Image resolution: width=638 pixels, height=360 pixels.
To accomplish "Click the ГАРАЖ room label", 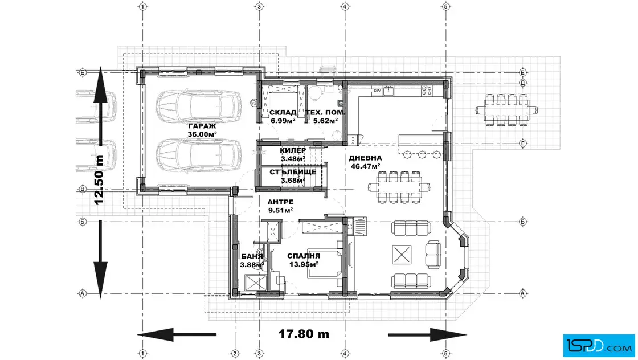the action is (202, 126).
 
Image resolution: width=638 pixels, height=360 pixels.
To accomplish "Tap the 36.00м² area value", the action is (202, 134).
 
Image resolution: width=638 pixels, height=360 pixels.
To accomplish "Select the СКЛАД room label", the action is (283, 113).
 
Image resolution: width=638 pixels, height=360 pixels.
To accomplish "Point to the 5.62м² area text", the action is (325, 121).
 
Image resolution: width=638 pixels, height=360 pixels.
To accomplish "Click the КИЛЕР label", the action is (293, 150).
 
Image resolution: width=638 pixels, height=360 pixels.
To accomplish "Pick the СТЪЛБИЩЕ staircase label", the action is (293, 172).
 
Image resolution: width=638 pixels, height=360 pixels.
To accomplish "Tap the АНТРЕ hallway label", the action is (280, 202).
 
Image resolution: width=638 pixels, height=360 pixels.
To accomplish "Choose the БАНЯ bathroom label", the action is (252, 256).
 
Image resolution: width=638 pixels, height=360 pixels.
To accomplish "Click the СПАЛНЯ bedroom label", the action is (304, 256).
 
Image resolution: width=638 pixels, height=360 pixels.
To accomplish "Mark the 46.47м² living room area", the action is (365, 166).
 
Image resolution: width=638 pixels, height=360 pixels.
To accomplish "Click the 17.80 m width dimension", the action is (304, 334).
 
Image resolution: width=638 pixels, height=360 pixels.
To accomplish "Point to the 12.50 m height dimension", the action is (99, 180).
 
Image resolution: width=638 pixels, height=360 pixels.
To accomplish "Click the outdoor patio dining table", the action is (506, 110).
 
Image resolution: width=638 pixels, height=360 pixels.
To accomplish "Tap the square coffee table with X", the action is (402, 255).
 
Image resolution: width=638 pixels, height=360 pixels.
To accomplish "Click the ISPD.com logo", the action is (599, 346).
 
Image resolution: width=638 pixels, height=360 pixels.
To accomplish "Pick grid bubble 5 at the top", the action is (445, 6).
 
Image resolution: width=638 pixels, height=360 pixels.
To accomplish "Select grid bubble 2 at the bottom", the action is (234, 354).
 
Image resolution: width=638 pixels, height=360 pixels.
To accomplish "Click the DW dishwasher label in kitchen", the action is (377, 91).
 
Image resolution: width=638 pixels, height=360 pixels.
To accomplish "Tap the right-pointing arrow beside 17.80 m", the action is (427, 335).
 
